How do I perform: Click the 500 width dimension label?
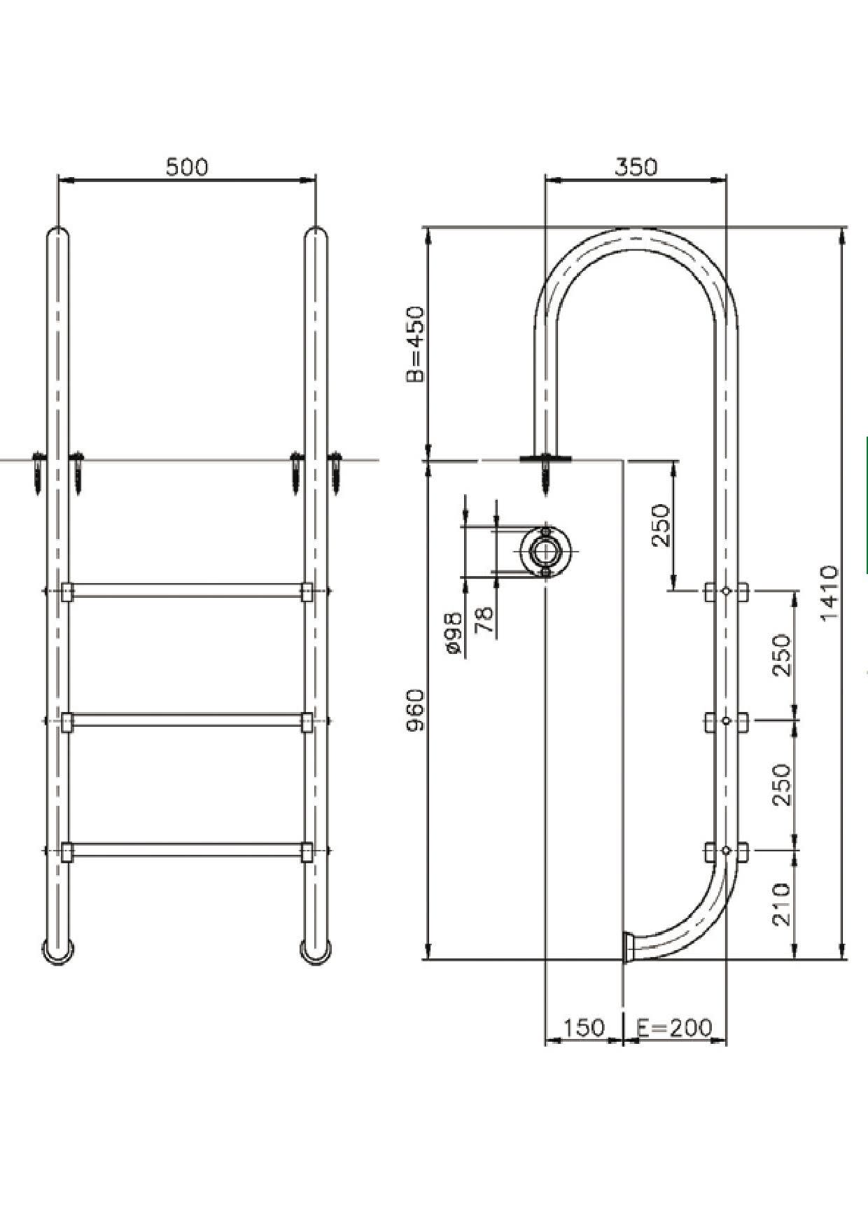[x=187, y=167]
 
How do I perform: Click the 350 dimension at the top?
[x=636, y=167]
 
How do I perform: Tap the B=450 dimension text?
[x=415, y=344]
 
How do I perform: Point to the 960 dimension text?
[x=415, y=709]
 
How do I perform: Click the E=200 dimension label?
[x=674, y=1028]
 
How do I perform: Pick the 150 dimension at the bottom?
[x=583, y=1028]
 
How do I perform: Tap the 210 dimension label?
[x=782, y=905]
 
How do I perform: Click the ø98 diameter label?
[x=454, y=632]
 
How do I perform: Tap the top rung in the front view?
[x=187, y=591]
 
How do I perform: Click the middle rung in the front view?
[x=187, y=720]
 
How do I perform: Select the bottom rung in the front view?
[x=187, y=850]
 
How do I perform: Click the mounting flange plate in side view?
[x=545, y=459]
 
